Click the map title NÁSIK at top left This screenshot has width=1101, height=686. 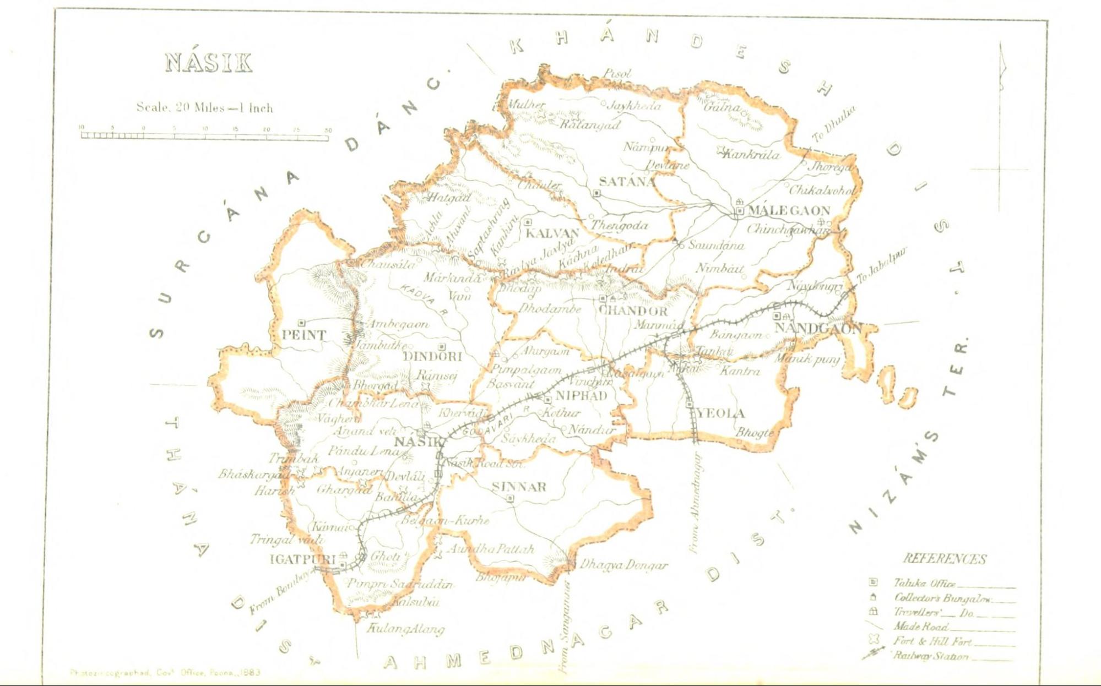[208, 63]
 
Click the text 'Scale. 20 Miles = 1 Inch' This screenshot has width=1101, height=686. [205, 107]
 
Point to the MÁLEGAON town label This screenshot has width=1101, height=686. [789, 210]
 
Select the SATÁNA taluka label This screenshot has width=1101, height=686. [627, 181]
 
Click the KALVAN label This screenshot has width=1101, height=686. [551, 233]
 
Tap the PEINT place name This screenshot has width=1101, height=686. [303, 335]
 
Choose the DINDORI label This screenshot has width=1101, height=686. [432, 356]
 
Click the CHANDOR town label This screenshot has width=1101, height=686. [633, 311]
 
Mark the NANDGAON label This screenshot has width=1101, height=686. [818, 329]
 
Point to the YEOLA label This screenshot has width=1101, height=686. [720, 413]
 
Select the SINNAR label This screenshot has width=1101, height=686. [519, 487]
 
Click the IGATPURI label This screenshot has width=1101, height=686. [302, 559]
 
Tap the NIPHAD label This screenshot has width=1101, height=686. [581, 395]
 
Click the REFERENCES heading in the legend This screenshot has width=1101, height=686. [945, 559]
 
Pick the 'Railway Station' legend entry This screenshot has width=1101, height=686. [931, 656]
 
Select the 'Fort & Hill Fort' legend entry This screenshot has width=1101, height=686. [932, 641]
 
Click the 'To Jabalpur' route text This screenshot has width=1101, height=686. [881, 265]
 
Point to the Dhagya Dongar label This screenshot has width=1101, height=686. [623, 565]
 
